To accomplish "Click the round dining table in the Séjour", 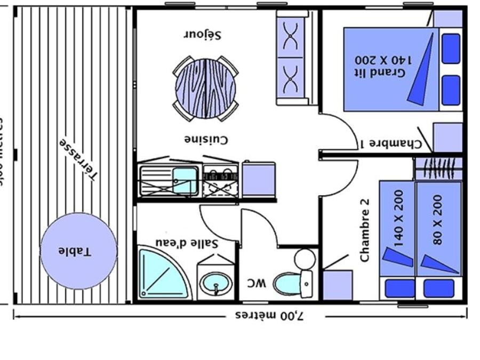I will point(205,89).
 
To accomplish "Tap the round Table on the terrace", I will point(78,251).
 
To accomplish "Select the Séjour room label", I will point(203,35).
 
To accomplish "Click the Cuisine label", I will point(206,140).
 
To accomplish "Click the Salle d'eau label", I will point(187,243).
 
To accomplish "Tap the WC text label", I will point(256,283).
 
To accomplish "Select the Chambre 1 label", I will point(391,143).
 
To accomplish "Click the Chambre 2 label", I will point(365,235).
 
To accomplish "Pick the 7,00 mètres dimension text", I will point(269,315).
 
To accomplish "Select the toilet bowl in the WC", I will point(287,283).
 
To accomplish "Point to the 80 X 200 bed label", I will point(438,219).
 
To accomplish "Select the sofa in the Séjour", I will point(292,57).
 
